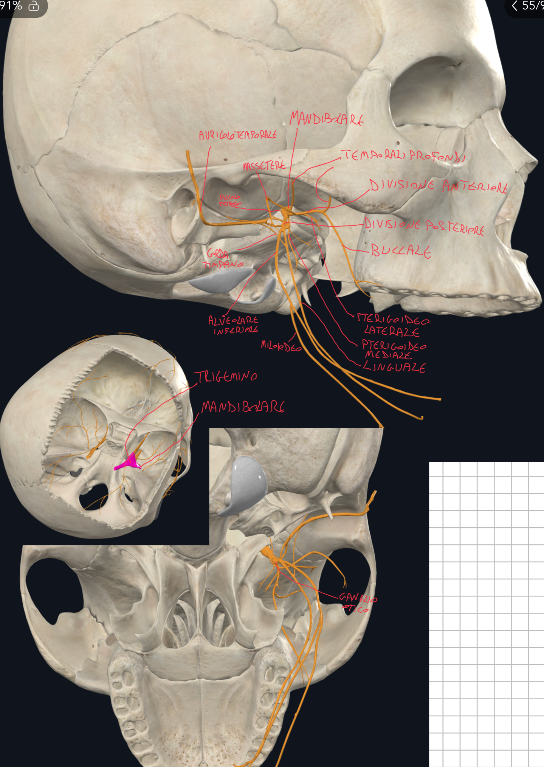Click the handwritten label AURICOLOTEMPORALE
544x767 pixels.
[237, 135]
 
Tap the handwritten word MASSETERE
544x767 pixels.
[264, 166]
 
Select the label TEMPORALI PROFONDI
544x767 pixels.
[403, 155]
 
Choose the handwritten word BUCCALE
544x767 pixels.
[401, 251]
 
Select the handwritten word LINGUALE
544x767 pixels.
[394, 367]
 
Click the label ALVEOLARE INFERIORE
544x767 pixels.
[234, 325]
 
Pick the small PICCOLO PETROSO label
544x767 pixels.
[230, 200]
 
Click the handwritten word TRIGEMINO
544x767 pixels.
[226, 377]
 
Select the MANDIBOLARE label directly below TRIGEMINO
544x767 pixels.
[243, 407]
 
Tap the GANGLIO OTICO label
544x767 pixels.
[357, 602]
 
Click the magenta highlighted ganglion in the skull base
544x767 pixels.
[129, 463]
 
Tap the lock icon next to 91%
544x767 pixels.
[34, 6]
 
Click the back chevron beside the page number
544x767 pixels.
[514, 6]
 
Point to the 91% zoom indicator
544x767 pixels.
[11, 6]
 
